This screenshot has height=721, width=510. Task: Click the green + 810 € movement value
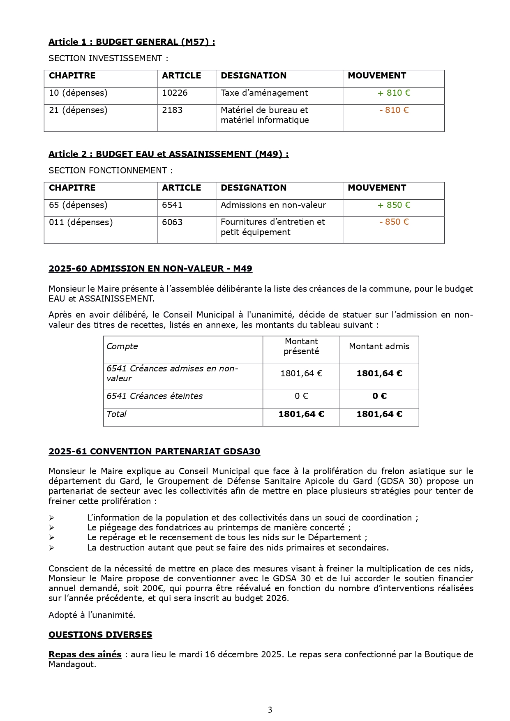[394, 93]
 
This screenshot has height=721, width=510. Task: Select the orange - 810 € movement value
[394, 110]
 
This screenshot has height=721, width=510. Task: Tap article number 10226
[175, 93]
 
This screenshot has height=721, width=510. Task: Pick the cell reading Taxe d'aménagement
[264, 93]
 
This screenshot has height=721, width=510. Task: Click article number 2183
[172, 110]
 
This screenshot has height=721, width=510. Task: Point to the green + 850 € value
[394, 205]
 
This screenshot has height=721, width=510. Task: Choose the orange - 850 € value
[394, 222]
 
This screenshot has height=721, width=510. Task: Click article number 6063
[172, 222]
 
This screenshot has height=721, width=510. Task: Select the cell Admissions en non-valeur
[273, 205]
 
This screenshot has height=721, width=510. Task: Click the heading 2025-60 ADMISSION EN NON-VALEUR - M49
[150, 269]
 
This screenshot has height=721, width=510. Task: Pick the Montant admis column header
[379, 346]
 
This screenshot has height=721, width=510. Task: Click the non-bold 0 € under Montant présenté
[301, 396]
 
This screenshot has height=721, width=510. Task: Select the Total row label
[116, 414]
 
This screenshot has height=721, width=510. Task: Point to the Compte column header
[122, 346]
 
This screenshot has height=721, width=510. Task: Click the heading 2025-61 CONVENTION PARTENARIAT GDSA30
[154, 451]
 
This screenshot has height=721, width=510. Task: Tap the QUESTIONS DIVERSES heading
[100, 635]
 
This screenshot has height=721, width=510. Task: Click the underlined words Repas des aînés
[85, 654]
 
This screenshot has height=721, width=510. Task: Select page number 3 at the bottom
[270, 710]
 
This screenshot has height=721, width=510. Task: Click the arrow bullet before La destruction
[51, 548]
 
